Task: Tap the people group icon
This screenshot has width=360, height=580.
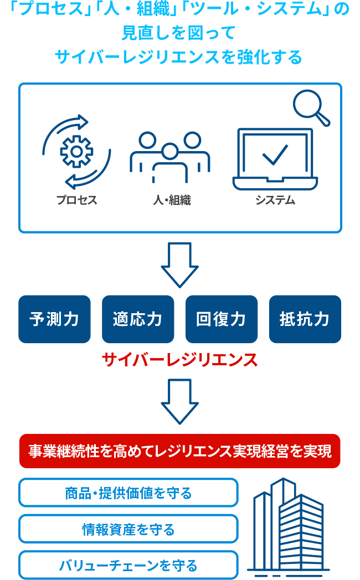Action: point(169,157)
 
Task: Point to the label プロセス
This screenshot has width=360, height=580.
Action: point(76,200)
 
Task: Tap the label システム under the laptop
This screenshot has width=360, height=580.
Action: point(275,200)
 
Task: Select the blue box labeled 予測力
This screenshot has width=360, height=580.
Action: point(54,319)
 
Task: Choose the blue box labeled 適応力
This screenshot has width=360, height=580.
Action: point(138,319)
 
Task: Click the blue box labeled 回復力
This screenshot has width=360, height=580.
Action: point(222,319)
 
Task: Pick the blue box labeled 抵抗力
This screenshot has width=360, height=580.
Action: point(305,319)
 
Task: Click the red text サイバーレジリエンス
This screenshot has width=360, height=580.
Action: point(180,360)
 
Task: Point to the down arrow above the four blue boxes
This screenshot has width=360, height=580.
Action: point(180,264)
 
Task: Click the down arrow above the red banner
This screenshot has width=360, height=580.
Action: point(180,401)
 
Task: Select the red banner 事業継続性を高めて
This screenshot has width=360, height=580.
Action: point(180,451)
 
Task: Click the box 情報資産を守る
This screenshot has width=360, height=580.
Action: point(128,529)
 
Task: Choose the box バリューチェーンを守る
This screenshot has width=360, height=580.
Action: point(128,565)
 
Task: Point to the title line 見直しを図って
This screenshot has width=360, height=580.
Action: point(180,33)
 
